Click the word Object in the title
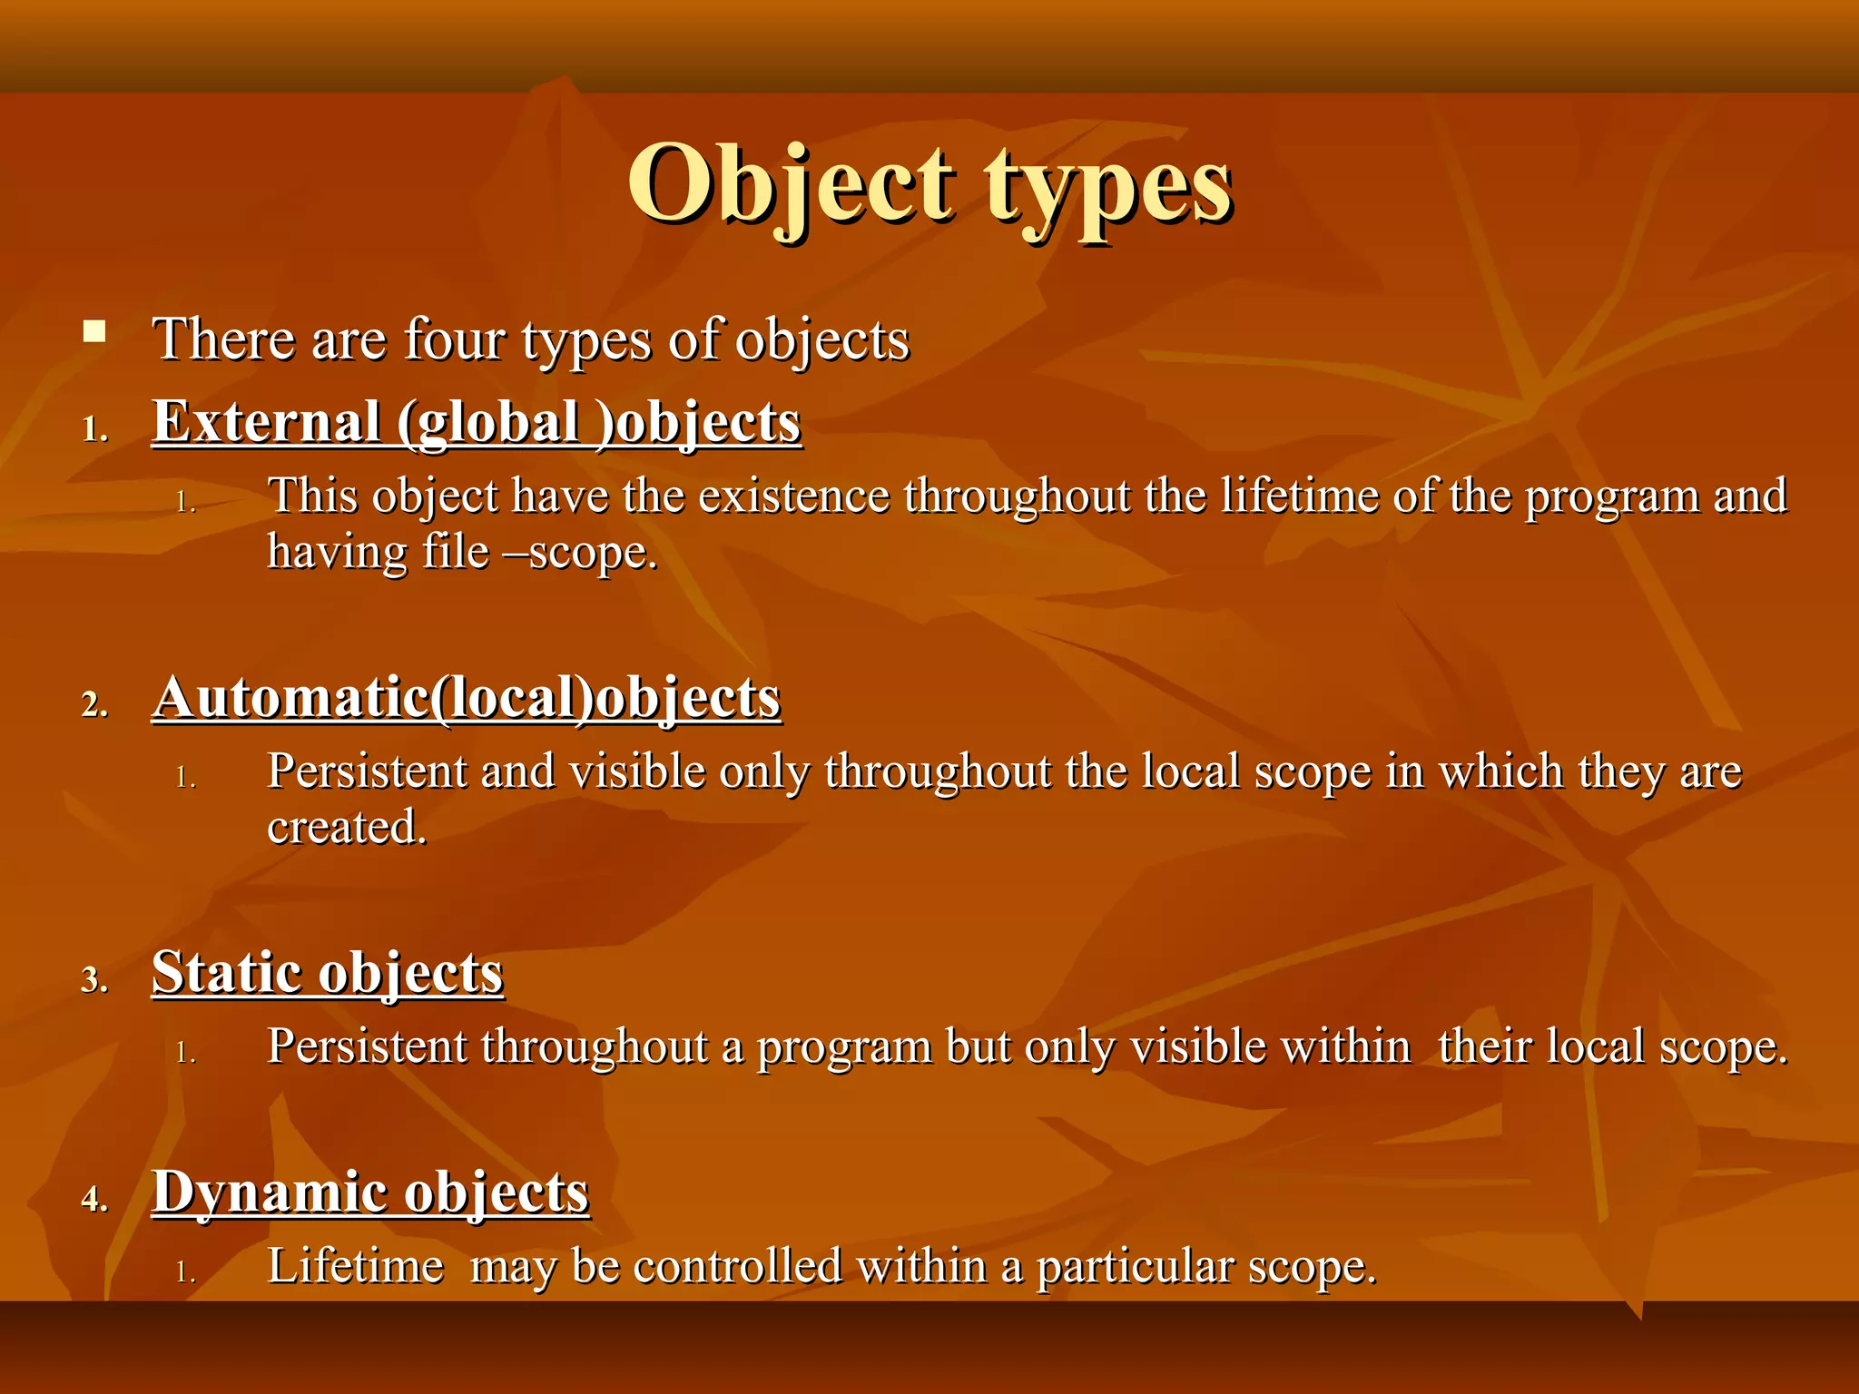click(x=790, y=186)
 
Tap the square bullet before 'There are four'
click(x=93, y=330)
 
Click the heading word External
click(x=266, y=423)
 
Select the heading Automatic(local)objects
click(x=467, y=698)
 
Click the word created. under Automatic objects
click(x=347, y=828)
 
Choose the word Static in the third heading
click(x=227, y=973)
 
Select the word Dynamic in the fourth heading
click(x=270, y=1193)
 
